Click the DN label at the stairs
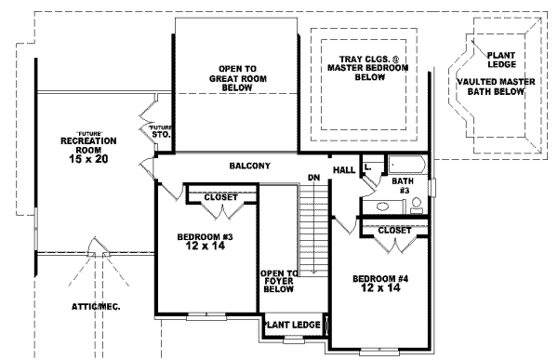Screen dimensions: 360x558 pyautogui.click(x=314, y=177)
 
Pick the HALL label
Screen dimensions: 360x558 pyautogui.click(x=344, y=170)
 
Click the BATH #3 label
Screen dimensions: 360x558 pyautogui.click(x=402, y=185)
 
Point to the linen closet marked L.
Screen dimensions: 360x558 pyautogui.click(x=369, y=167)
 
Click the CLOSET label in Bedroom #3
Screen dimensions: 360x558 pyautogui.click(x=219, y=197)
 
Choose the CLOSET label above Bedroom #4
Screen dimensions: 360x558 pyautogui.click(x=395, y=229)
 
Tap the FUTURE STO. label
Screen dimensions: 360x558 pyautogui.click(x=160, y=131)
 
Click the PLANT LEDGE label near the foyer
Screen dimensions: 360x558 pyautogui.click(x=293, y=325)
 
